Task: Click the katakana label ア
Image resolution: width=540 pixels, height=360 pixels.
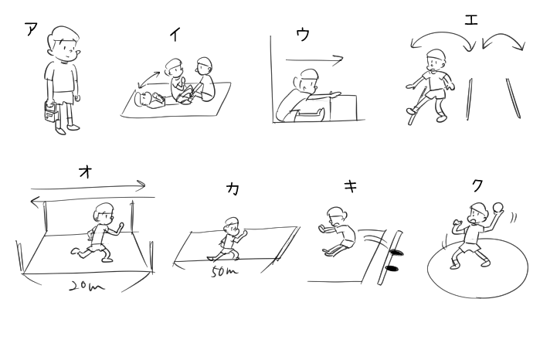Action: (x=31, y=29)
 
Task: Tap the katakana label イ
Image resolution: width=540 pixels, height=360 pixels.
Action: (x=175, y=35)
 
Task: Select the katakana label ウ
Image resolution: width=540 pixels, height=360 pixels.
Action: (x=303, y=35)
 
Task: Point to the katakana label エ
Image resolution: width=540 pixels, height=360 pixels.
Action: (x=471, y=19)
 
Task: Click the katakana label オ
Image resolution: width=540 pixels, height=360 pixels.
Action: (x=85, y=172)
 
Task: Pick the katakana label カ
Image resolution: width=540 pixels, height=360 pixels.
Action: (x=233, y=188)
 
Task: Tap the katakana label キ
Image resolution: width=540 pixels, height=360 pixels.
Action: (x=351, y=186)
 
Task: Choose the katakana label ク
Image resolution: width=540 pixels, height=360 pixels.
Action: (x=477, y=185)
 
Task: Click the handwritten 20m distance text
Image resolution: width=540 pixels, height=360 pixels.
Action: (x=87, y=287)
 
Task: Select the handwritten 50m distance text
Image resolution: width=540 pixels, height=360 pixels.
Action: (x=224, y=272)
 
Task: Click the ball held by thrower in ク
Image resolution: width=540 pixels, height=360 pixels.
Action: (x=498, y=208)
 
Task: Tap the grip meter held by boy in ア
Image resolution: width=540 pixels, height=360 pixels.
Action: (x=51, y=111)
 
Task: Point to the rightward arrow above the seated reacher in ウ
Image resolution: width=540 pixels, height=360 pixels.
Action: (x=314, y=60)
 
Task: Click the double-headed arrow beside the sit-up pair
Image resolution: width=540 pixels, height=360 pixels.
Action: (x=148, y=80)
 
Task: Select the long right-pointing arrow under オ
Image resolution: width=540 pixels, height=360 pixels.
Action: (x=88, y=186)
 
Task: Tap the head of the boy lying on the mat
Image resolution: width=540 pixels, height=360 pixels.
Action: (x=142, y=100)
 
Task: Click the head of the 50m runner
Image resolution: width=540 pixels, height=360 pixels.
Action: (x=232, y=226)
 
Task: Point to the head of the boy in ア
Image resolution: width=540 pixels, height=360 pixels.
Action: (x=63, y=44)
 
